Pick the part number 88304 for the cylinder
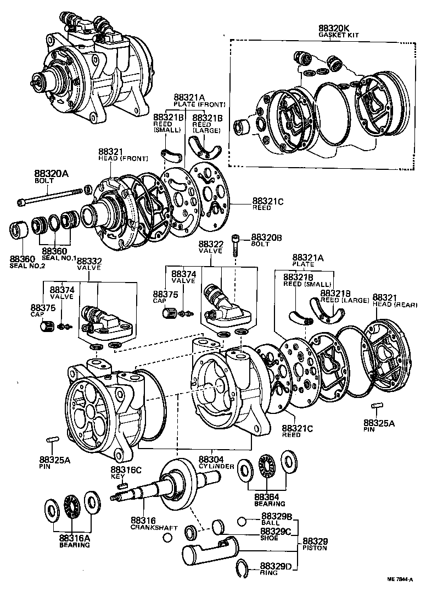click(x=211, y=459)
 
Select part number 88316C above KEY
click(x=126, y=469)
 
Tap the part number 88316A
click(x=74, y=539)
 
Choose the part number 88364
click(x=266, y=496)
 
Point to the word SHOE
click(x=270, y=538)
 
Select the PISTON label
click(x=315, y=548)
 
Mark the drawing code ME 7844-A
click(x=400, y=589)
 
